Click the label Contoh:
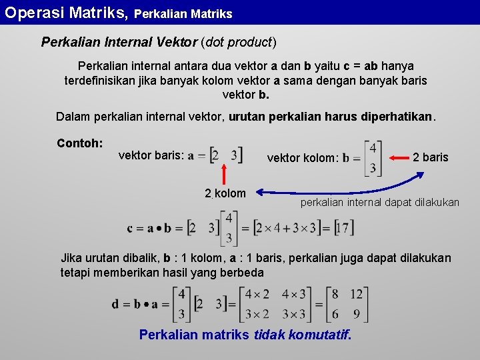click(79, 143)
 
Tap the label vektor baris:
click(151, 155)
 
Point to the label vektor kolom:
click(303, 158)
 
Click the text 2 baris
click(431, 157)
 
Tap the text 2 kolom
click(225, 193)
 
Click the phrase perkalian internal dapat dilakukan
click(379, 202)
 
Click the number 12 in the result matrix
click(356, 295)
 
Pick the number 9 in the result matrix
click(356, 313)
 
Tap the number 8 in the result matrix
click(335, 295)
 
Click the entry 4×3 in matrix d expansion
click(294, 295)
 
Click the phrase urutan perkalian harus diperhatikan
click(331, 117)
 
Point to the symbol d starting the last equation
click(116, 304)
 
